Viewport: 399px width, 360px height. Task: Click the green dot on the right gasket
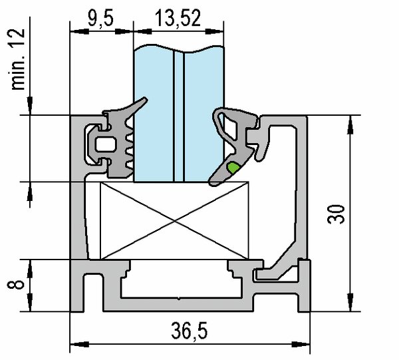click(232, 167)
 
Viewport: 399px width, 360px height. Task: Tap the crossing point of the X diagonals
click(175, 220)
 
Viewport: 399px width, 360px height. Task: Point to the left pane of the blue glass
click(154, 113)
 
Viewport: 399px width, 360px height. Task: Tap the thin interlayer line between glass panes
click(178, 113)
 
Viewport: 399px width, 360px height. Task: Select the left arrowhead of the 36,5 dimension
click(75, 345)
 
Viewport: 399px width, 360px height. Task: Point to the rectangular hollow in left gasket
click(104, 143)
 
